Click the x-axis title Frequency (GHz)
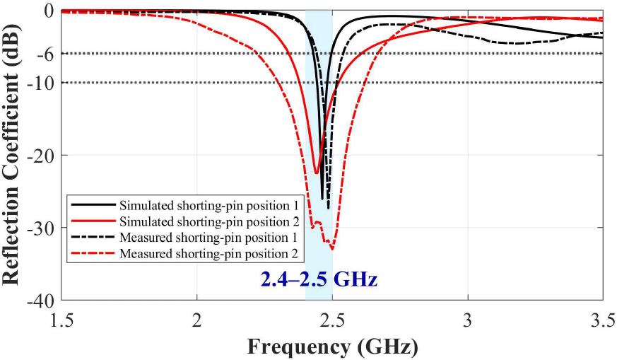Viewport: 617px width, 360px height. [x=332, y=347]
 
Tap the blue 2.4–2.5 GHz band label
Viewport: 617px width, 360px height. [x=319, y=279]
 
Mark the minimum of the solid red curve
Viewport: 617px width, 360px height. [x=317, y=173]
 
